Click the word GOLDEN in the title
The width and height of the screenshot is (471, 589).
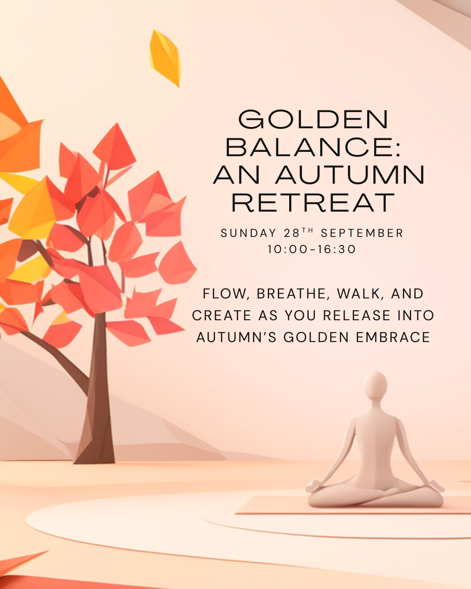pyautogui.click(x=314, y=119)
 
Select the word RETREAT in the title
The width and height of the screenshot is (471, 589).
pyautogui.click(x=313, y=202)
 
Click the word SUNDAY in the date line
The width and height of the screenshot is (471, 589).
pyautogui.click(x=248, y=233)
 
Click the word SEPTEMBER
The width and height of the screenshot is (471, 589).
pyautogui.click(x=362, y=233)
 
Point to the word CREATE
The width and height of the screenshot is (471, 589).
pyautogui.click(x=222, y=315)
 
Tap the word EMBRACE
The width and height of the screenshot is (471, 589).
pyautogui.click(x=393, y=337)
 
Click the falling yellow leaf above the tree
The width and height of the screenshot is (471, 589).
pyautogui.click(x=165, y=58)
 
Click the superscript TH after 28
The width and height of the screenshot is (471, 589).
pyautogui.click(x=307, y=230)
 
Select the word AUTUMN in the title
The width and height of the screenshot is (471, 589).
pyautogui.click(x=350, y=175)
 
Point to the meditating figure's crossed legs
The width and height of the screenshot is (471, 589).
pyautogui.click(x=375, y=495)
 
